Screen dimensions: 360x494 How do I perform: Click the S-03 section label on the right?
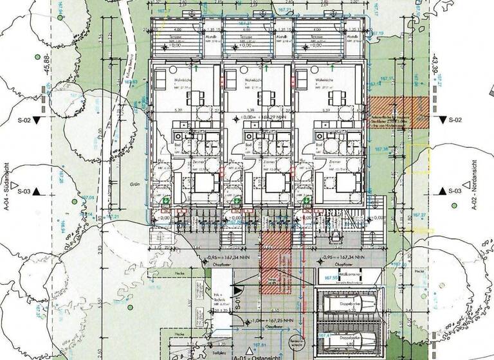point(455,192)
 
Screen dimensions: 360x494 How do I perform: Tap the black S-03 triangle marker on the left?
point(38,191)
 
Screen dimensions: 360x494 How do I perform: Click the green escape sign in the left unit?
point(166,201)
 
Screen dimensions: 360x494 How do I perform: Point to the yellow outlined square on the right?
point(418,157)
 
